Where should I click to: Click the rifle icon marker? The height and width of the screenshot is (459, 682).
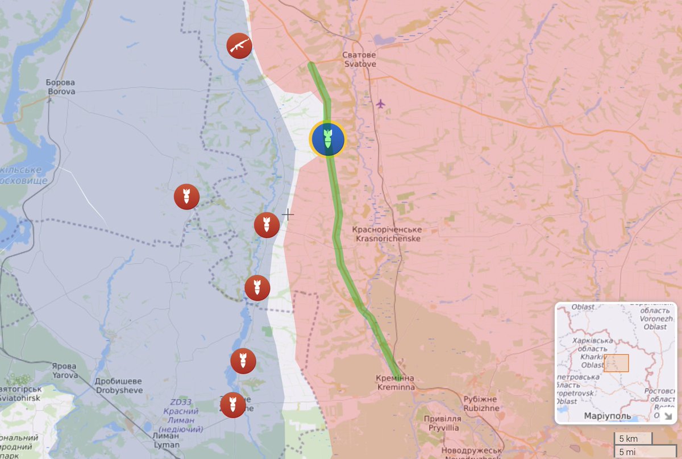[x=239, y=46]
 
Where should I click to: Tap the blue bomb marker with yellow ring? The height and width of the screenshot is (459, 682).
[x=327, y=139]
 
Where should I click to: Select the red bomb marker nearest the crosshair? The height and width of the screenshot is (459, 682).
[x=267, y=225]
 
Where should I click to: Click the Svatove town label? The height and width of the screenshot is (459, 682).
[x=359, y=60]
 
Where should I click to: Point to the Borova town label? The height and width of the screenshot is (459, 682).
[x=61, y=86]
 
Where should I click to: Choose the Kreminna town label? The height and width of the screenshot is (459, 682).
[x=395, y=382]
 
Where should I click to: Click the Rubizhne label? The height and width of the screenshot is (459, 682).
[x=481, y=403]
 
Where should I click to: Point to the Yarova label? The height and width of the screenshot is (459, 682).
[x=64, y=370]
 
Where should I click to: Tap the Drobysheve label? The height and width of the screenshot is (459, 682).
[x=119, y=386]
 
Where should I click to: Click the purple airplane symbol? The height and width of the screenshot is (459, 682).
[x=380, y=104]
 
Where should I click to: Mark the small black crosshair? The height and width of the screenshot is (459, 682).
[x=288, y=214]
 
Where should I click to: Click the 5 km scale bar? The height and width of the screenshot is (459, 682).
[x=633, y=439]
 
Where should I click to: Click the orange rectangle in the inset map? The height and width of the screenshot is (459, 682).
[x=616, y=363]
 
